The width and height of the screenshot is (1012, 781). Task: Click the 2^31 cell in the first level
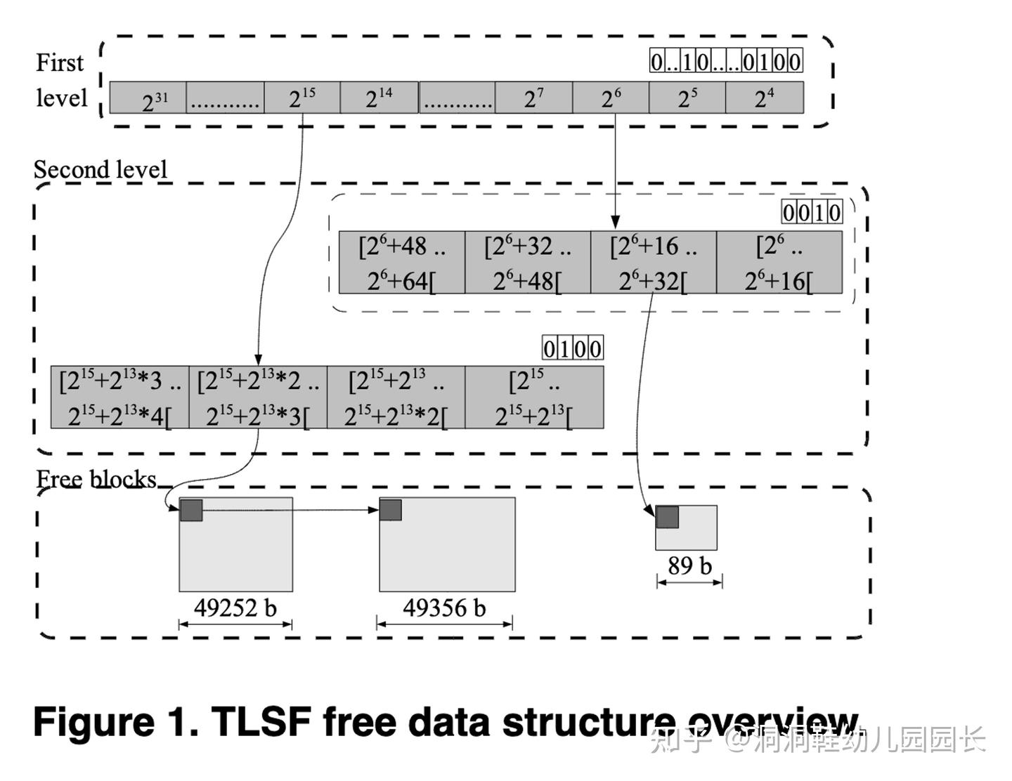[148, 98]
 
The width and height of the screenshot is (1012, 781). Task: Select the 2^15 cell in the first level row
[302, 98]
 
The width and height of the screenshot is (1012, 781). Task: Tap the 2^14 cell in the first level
[379, 98]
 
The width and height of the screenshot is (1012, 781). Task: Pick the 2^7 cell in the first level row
[533, 98]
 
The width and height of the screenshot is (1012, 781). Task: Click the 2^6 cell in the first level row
[611, 98]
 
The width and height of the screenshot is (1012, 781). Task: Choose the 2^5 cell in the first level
[687, 98]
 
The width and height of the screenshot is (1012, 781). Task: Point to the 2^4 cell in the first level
[764, 98]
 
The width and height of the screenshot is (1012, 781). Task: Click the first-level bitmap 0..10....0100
[725, 62]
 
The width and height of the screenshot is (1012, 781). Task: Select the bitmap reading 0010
[812, 212]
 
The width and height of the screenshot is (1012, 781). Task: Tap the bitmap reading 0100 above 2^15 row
[572, 348]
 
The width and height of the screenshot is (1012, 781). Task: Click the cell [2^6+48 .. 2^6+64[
[402, 263]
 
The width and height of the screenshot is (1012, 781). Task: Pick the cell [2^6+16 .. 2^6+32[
[654, 263]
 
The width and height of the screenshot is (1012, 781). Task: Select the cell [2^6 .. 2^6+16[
[779, 263]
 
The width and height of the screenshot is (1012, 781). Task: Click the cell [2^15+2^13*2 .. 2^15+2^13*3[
[258, 398]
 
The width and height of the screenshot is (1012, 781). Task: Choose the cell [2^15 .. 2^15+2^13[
[534, 398]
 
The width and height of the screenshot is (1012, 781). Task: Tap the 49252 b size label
[235, 608]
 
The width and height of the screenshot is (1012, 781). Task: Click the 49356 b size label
[444, 608]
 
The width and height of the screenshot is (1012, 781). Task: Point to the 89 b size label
[689, 565]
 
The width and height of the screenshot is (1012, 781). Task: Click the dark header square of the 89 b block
[667, 517]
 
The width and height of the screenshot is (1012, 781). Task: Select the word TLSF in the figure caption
[260, 721]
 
